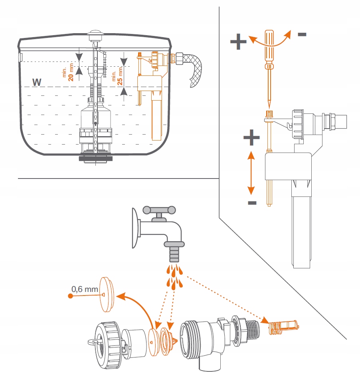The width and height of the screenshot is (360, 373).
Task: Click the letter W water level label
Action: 37,82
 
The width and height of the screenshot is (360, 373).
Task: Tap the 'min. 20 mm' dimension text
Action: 69,72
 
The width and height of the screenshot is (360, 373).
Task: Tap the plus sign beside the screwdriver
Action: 238,42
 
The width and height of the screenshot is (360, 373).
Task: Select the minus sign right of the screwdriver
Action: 302,34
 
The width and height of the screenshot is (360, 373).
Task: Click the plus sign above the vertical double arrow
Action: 251,138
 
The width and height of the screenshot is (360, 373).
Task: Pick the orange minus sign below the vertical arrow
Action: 252,203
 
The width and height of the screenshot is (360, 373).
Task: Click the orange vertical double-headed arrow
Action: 251,172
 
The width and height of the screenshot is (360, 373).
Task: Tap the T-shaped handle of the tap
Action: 160,210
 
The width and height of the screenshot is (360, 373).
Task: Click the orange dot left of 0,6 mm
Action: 70,296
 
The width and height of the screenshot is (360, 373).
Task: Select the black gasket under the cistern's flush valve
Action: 95,158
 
